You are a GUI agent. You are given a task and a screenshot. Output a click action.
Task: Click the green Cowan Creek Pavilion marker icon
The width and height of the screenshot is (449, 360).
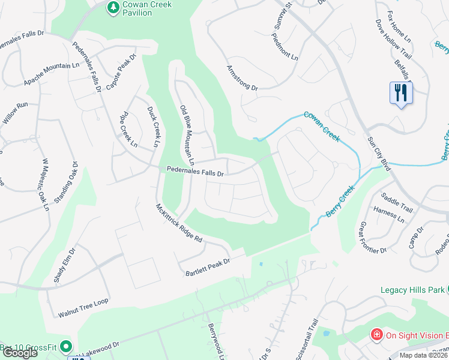[x=112, y=8]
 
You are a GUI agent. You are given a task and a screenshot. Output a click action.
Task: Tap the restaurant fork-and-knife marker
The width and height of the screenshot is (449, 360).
[x=401, y=93]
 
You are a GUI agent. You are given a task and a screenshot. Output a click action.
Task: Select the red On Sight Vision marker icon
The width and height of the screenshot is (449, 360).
[x=376, y=334]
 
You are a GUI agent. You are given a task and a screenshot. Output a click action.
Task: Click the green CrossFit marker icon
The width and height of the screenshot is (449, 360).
[x=66, y=347]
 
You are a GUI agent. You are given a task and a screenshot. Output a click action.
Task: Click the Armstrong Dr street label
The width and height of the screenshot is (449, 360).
[x=242, y=78]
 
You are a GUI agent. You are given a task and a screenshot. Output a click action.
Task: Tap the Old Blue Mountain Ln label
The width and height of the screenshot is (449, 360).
[x=187, y=135]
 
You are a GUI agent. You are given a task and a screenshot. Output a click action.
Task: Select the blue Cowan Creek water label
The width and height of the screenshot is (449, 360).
[x=321, y=126]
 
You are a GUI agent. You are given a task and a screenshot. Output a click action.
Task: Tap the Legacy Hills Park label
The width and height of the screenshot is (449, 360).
[x=412, y=290]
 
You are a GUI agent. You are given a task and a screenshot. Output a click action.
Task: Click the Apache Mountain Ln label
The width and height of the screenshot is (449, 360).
[x=52, y=74]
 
